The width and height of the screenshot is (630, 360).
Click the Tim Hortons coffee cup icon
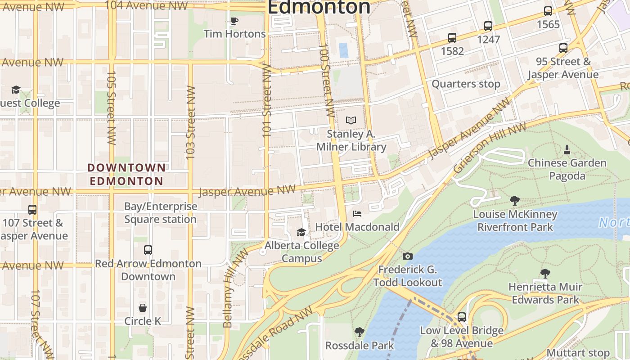pos(234,21)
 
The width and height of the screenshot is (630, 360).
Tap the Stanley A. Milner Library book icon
pos(351,120)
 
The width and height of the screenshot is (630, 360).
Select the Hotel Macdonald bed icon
pos(357,213)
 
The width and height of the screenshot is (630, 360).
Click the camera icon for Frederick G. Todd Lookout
pos(408,256)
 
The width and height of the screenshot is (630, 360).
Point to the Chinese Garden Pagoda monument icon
pos(567,149)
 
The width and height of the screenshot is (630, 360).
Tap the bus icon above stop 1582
pos(452,38)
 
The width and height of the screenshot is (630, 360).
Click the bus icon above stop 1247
pos(488,26)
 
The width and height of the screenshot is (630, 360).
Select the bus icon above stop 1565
pos(548,11)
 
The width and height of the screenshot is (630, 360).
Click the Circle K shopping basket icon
pos(143,308)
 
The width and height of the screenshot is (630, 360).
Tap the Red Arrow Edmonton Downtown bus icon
pos(148,250)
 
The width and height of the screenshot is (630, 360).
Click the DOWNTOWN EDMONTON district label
pos(126,175)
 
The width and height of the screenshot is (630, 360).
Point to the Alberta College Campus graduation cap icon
pos(301,232)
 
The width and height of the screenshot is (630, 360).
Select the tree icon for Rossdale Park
pos(359,332)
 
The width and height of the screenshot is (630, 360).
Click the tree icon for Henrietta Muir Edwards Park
pos(545,273)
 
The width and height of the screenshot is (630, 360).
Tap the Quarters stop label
pos(466,84)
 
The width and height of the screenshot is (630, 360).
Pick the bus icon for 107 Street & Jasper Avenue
pos(32,209)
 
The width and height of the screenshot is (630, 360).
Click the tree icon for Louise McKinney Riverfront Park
pos(515,201)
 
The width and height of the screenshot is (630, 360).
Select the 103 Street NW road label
pos(190,121)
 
